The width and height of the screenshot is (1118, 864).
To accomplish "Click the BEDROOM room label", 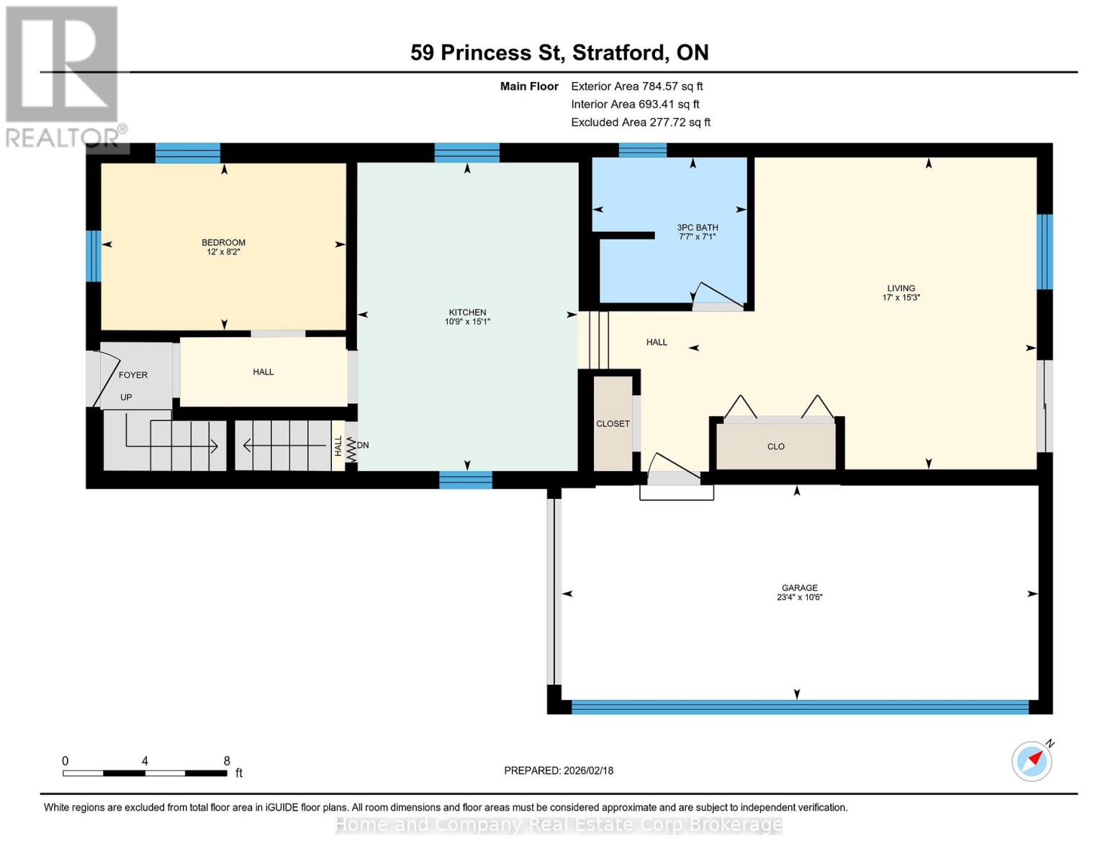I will tap(223, 243).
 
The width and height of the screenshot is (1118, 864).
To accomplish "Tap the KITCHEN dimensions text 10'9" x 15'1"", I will tap(467, 322).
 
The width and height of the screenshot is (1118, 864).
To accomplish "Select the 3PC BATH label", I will tap(697, 228).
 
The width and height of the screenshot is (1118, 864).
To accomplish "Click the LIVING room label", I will tap(901, 288).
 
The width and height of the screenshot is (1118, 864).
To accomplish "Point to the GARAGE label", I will tap(799, 588).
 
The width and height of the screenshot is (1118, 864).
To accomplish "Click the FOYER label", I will tap(133, 375).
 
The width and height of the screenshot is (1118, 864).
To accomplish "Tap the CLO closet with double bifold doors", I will tap(775, 446).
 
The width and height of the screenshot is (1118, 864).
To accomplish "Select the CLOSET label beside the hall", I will tap(613, 423).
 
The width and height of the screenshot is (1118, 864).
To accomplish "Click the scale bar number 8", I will tap(227, 761).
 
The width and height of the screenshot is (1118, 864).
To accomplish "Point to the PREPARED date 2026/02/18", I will tap(559, 770).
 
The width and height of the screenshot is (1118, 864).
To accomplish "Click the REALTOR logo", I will tap(63, 76).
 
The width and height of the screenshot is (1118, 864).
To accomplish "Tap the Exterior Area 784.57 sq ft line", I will tap(636, 86).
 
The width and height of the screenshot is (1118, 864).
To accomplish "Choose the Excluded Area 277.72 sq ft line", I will tap(640, 122).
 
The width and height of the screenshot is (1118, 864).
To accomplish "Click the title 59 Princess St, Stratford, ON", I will tap(559, 53).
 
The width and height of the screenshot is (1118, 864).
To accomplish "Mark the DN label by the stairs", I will tap(363, 445).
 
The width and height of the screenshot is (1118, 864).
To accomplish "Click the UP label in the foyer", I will tap(126, 397).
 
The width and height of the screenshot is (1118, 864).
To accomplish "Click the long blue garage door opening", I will tap(799, 707).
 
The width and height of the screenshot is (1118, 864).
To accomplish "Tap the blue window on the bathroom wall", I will tap(642, 150).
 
